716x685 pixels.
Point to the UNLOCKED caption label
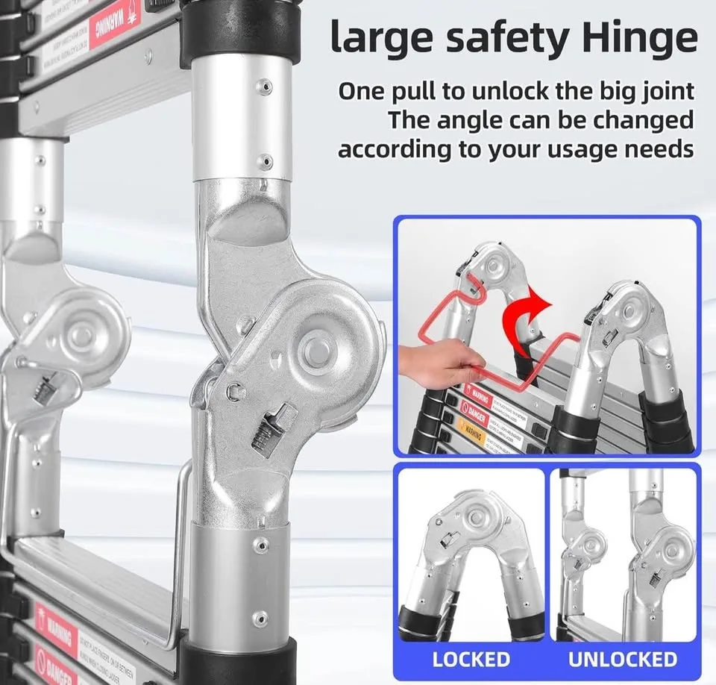[x=623, y=660]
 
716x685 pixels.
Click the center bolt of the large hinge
[x=316, y=351]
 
